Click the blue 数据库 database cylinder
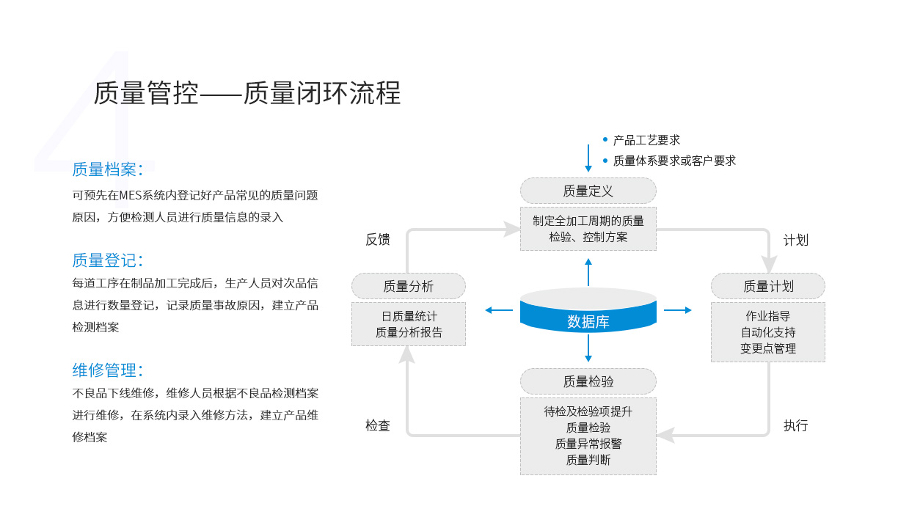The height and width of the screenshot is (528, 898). [588, 310]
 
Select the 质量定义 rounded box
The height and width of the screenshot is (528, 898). [588, 191]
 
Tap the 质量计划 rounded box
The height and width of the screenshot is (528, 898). [767, 286]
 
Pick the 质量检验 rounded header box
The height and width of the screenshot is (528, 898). [588, 381]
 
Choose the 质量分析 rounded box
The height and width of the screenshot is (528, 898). [409, 286]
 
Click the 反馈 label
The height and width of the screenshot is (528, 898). [378, 240]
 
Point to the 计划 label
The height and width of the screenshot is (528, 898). [796, 241]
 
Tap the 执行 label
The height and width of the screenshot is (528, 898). [796, 425]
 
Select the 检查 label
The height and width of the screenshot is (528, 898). [378, 425]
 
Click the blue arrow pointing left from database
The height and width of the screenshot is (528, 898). [499, 310]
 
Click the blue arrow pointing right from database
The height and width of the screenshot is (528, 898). [677, 310]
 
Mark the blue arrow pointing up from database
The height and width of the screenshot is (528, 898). [588, 272]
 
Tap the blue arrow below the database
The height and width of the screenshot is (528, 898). [588, 348]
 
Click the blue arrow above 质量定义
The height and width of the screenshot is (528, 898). [588, 158]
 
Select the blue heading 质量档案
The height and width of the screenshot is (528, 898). [104, 169]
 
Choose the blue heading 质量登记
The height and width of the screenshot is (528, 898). [104, 260]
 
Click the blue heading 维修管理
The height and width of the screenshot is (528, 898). [104, 370]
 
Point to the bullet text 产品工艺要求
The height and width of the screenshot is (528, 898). [646, 140]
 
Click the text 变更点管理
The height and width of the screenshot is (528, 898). [768, 348]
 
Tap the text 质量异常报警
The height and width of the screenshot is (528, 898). [588, 444]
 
